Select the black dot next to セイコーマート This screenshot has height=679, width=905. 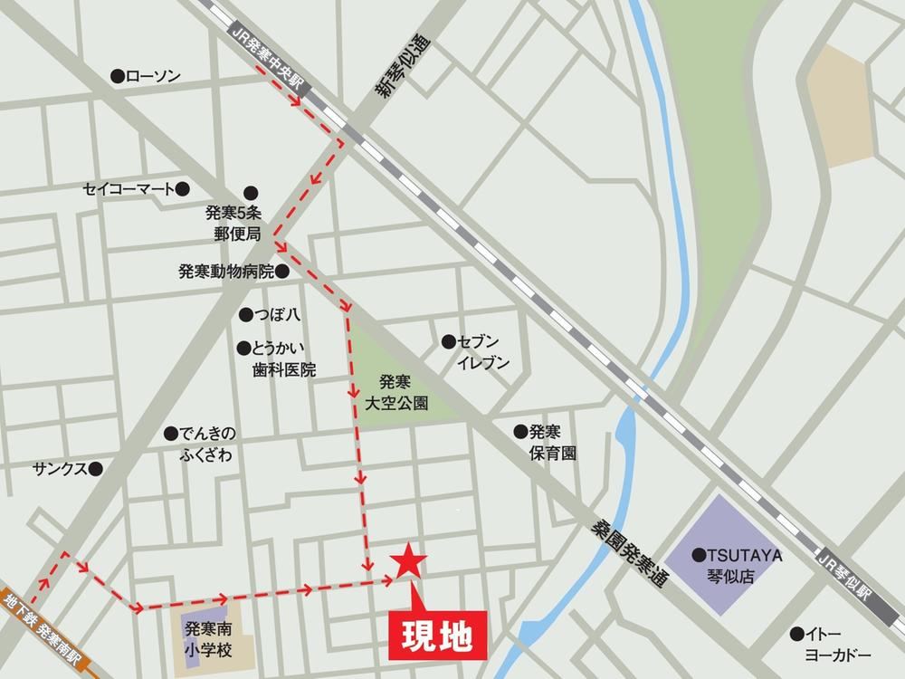[183, 188]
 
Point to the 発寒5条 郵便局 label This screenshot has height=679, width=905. [233, 223]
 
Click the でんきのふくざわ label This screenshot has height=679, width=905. [205, 445]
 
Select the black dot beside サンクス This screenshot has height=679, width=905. [96, 469]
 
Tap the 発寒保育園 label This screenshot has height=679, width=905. [553, 442]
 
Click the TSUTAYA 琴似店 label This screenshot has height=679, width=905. [745, 565]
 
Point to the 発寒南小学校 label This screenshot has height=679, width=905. [208, 638]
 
